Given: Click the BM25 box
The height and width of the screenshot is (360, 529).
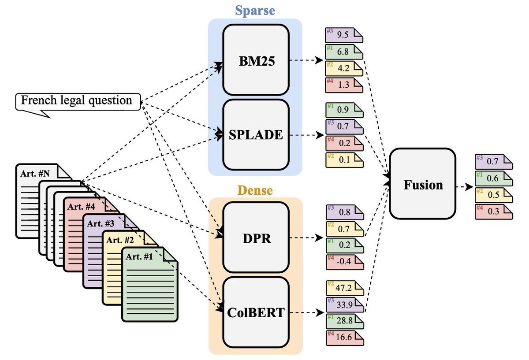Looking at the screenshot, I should [256, 60].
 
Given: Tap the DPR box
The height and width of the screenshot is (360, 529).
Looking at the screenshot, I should [256, 238].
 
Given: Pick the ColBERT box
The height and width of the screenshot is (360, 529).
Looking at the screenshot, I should [256, 313].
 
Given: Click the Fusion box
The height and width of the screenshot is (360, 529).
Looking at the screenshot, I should [423, 184].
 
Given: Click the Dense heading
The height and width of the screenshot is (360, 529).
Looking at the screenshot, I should [255, 190].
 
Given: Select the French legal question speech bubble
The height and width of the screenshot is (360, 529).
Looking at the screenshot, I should [78, 101].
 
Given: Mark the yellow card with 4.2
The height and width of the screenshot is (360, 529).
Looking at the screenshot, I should [344, 68].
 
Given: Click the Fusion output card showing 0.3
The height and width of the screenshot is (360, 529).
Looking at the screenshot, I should [494, 211].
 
